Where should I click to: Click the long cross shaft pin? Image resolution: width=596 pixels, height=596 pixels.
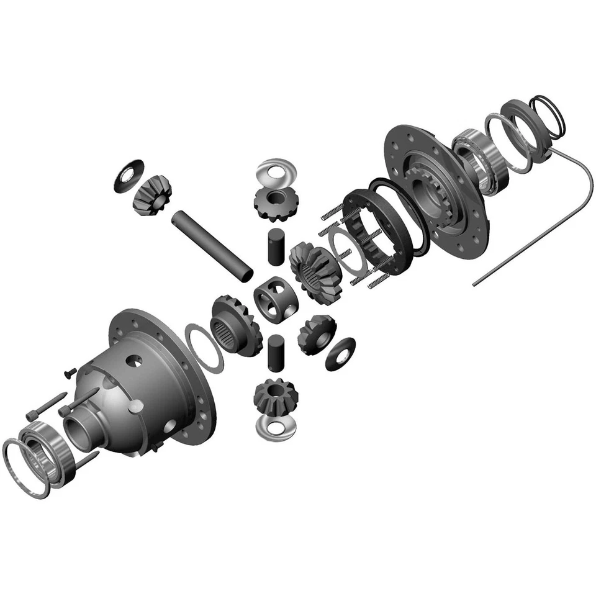[x=212, y=244]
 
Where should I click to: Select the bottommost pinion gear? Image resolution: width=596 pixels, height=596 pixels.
[x=275, y=397]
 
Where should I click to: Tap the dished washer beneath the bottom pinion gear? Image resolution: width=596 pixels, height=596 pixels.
[x=274, y=427]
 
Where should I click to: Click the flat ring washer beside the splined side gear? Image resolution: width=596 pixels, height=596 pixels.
[x=204, y=348]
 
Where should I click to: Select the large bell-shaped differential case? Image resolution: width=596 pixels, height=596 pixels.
[x=155, y=385]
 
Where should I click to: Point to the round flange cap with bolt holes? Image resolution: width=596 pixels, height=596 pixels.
[x=435, y=186]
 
